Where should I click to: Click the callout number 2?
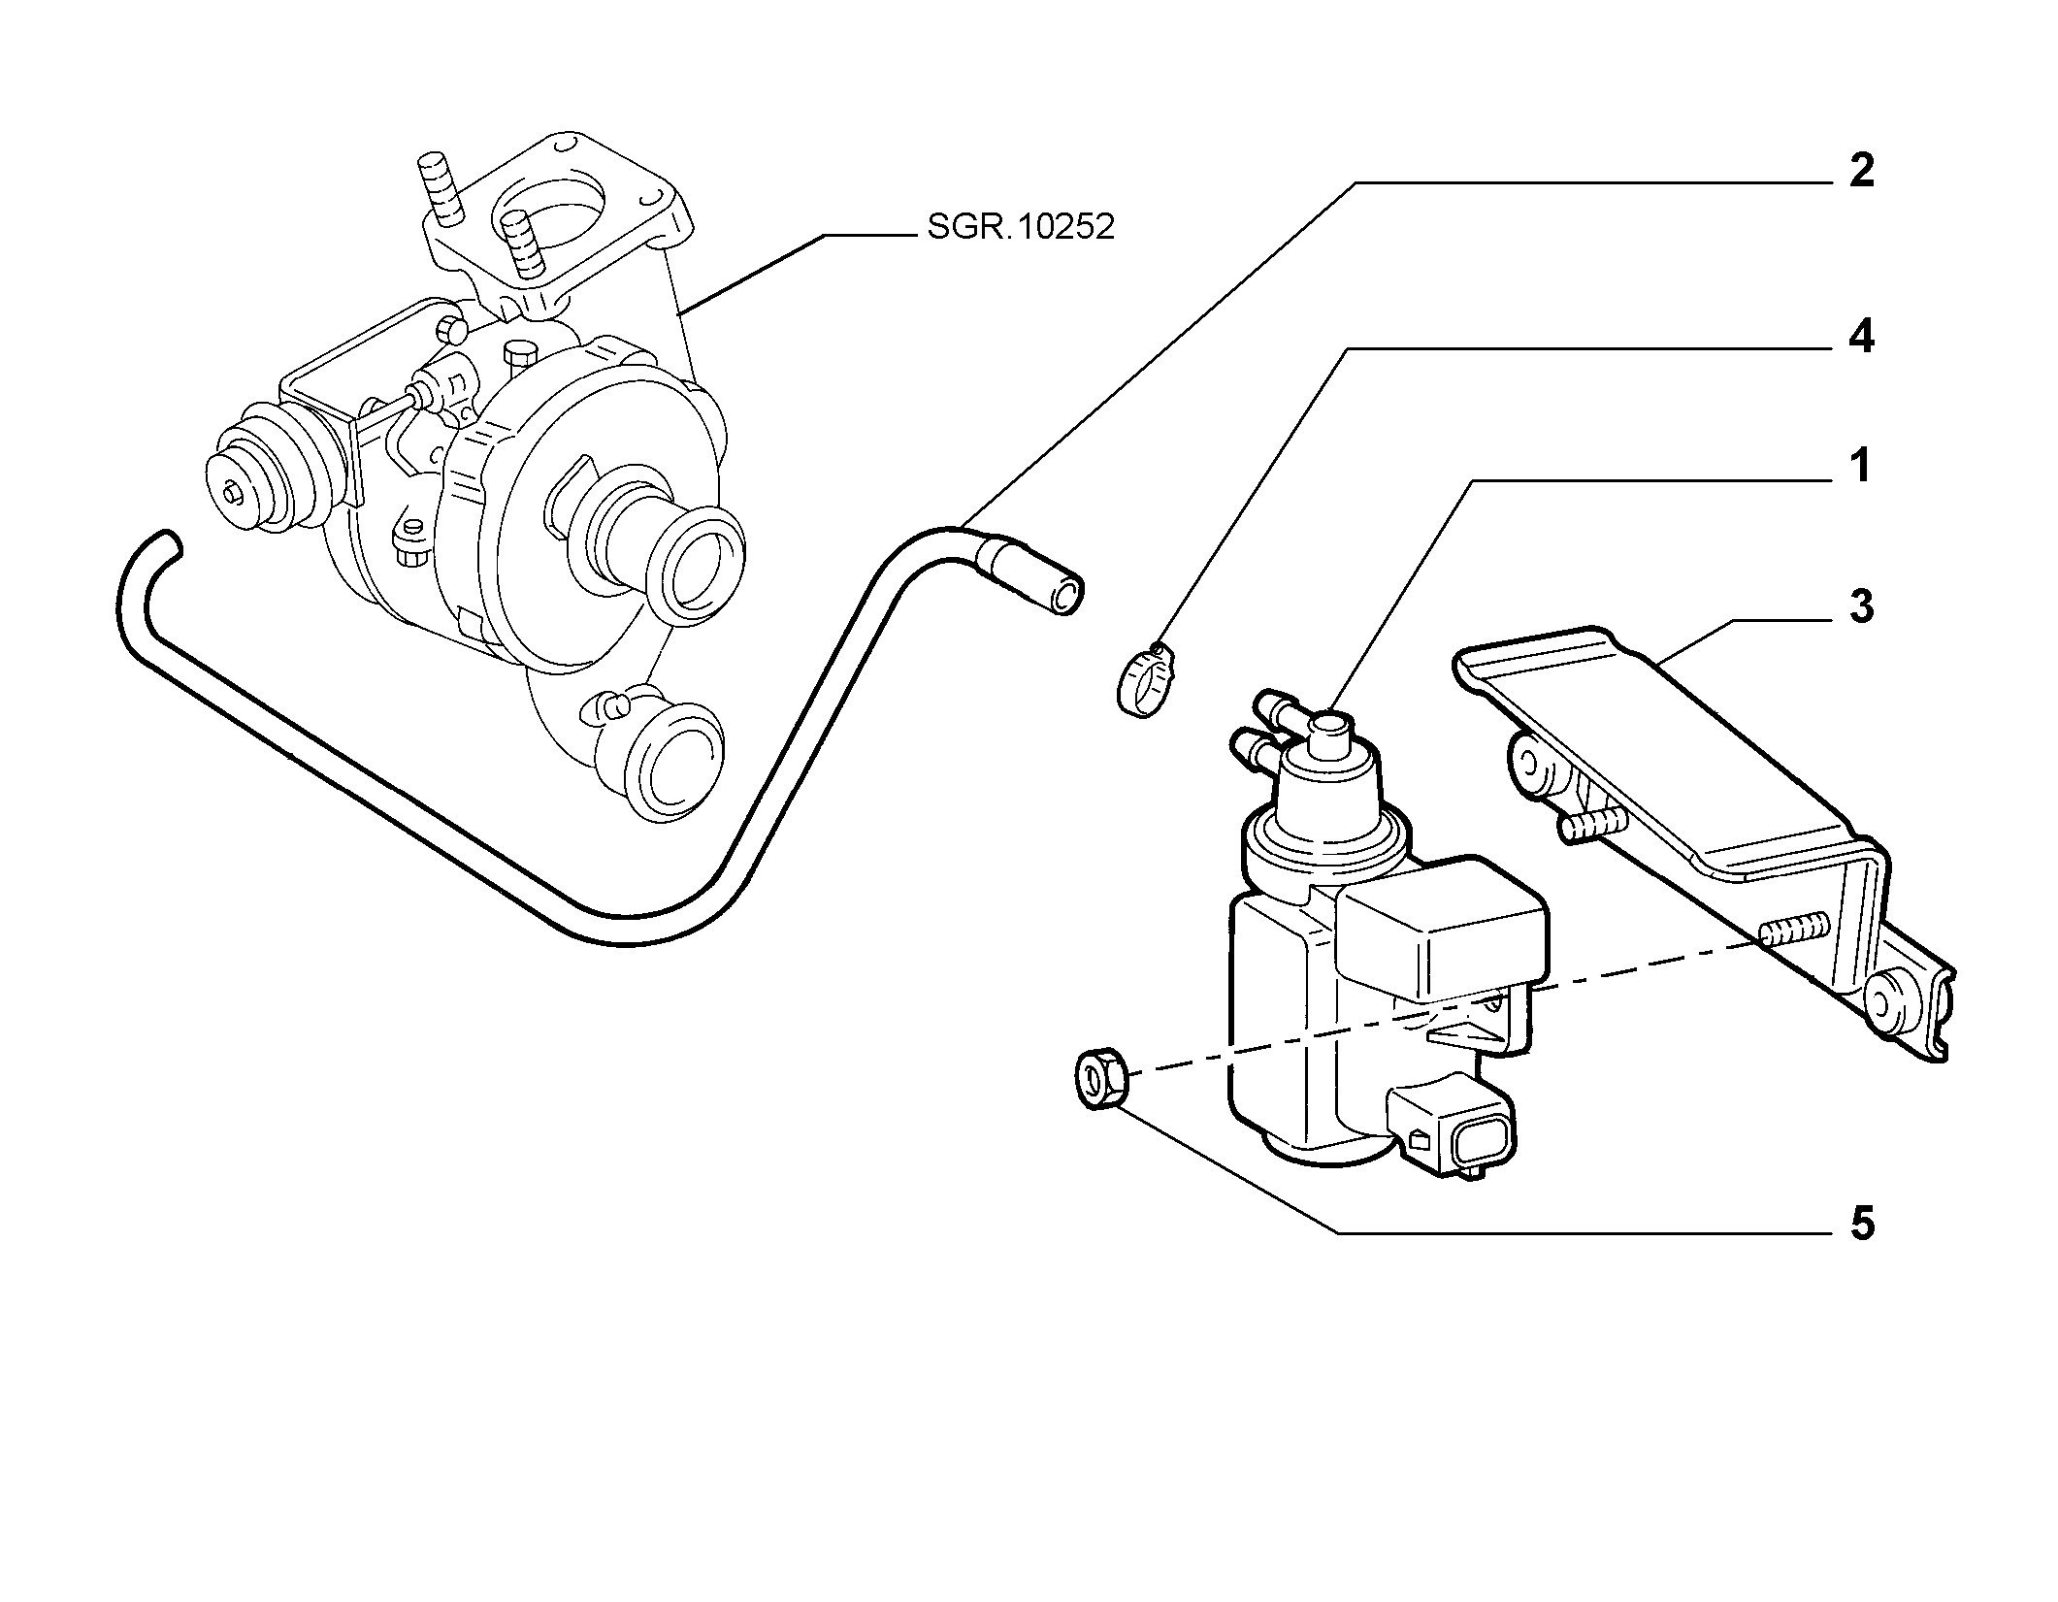click(x=1861, y=172)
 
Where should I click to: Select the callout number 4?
click(x=1861, y=337)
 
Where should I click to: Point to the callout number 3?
click(x=1861, y=607)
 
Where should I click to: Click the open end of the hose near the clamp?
click(x=1067, y=595)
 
